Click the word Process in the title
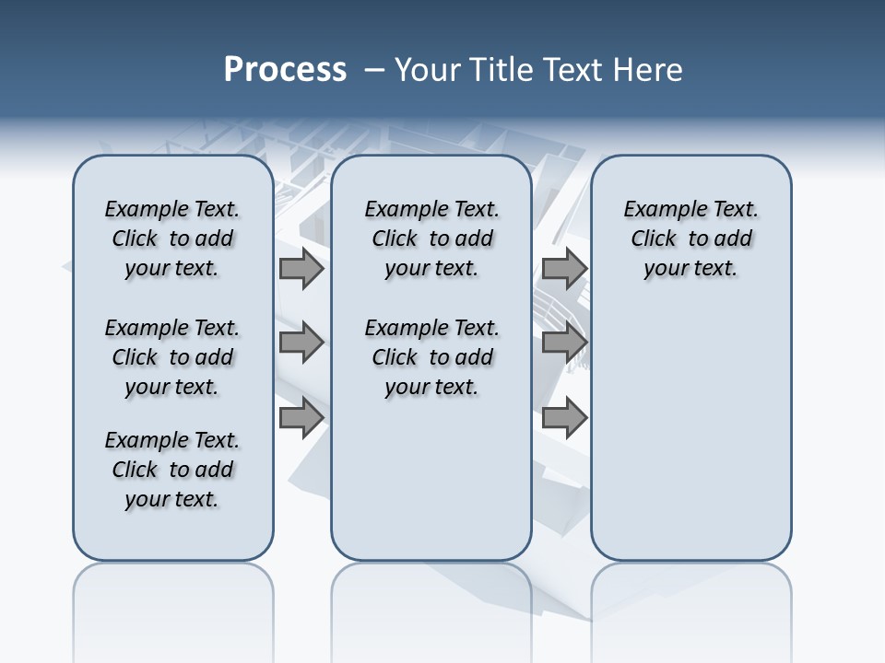(285, 69)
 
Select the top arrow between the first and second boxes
(301, 269)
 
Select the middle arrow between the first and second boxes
(301, 343)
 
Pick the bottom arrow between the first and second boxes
(301, 417)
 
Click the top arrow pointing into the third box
(564, 269)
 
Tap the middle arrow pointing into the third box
(564, 343)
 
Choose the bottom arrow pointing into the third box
(564, 417)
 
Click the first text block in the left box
(172, 238)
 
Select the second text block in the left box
(172, 357)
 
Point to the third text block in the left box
(172, 470)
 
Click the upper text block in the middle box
(432, 238)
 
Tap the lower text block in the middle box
(432, 357)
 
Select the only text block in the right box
(691, 238)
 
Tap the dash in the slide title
(374, 70)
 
